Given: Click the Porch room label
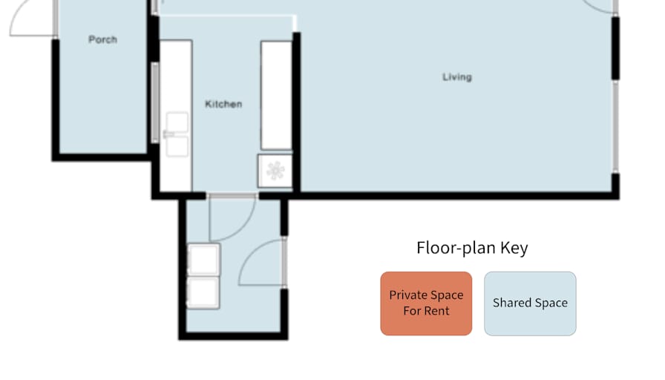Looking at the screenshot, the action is (102, 39).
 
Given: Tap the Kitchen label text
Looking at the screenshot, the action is (223, 104).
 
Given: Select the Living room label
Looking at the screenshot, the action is (457, 76).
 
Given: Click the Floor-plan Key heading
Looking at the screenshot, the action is (472, 248).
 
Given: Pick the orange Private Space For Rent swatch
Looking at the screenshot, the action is (426, 304).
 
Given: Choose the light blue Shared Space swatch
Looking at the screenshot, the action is (530, 304).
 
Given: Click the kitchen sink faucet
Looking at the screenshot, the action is (168, 134).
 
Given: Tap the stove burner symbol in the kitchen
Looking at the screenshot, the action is (275, 171).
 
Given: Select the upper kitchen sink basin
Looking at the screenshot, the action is (177, 122).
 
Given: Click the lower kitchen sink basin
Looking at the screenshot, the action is (177, 147).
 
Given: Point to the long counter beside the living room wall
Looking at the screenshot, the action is (276, 96).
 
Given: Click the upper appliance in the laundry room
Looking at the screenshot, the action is (204, 259).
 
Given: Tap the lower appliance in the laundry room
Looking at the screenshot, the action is (203, 292).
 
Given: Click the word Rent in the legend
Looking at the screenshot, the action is (437, 311).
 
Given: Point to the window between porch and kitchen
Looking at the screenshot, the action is (155, 102).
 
